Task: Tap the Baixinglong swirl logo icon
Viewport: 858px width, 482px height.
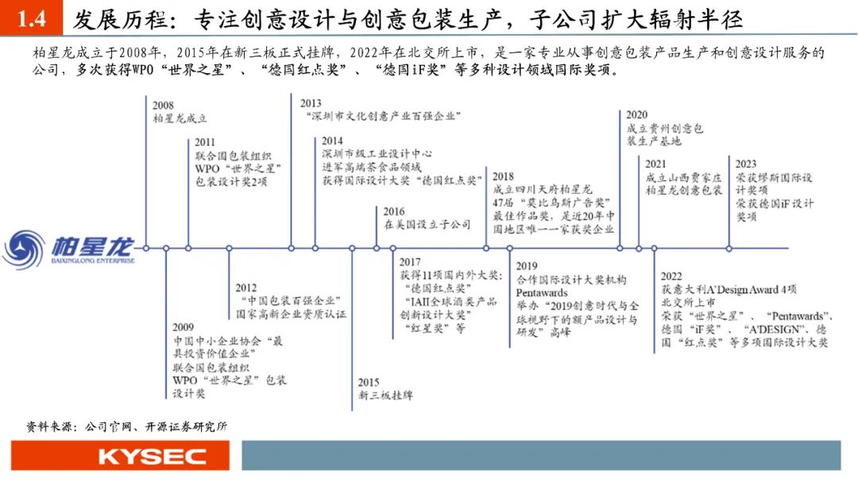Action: click(x=24, y=249)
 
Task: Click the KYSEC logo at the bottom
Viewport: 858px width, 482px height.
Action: click(x=152, y=457)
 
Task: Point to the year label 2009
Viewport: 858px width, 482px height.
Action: click(x=184, y=327)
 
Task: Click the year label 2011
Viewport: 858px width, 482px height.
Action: click(x=204, y=143)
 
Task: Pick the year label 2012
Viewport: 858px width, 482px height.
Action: click(x=246, y=287)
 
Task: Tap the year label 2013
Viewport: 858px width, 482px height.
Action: click(x=311, y=103)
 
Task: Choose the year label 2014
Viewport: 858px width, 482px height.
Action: click(x=332, y=141)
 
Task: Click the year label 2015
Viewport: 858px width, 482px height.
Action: click(x=368, y=382)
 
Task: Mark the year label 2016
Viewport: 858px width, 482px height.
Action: click(x=394, y=212)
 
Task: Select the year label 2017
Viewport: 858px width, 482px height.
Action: click(x=410, y=262)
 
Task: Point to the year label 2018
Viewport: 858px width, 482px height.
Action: click(x=503, y=176)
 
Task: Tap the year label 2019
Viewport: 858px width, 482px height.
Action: click(x=527, y=267)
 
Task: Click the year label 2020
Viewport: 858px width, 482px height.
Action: click(x=636, y=115)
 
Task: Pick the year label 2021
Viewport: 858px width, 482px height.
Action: click(x=657, y=164)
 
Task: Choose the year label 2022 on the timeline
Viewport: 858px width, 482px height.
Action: click(x=671, y=276)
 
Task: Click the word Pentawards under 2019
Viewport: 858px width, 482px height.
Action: click(x=542, y=293)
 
